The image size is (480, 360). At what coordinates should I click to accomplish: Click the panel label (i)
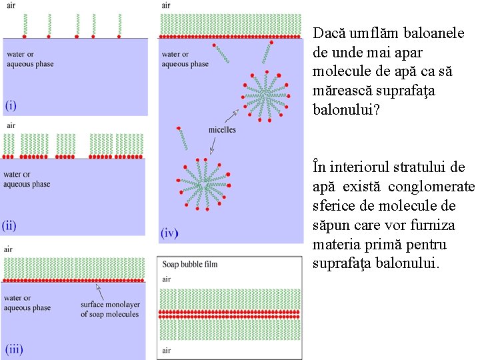12,105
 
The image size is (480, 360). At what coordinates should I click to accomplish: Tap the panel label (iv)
169,233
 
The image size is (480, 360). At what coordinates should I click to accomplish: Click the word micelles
221,129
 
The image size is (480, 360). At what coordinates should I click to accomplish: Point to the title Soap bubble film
190,264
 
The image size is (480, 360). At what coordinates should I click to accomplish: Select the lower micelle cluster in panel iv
203,182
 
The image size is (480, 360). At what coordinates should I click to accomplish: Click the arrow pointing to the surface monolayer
100,291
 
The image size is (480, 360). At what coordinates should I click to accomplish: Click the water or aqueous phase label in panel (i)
29,59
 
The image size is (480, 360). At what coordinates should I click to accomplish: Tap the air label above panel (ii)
11,125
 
